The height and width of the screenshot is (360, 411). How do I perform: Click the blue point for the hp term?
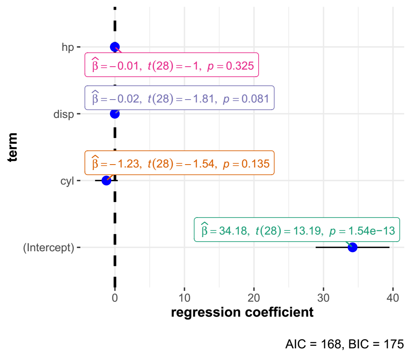pos(115,47)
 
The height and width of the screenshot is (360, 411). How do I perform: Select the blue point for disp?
pos(115,113)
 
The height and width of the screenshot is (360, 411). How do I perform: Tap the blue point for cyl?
pos(106,180)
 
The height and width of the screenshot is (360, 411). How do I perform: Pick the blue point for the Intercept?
pos(353,247)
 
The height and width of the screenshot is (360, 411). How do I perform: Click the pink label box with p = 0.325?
pos(172,65)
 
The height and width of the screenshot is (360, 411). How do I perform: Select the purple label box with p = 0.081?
pos(179,98)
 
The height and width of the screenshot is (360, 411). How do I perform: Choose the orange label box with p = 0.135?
pos(179,162)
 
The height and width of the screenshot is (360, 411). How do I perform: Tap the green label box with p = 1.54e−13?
pos(297,230)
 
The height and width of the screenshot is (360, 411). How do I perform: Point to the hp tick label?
pos(67,47)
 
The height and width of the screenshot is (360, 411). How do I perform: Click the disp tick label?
pos(63,114)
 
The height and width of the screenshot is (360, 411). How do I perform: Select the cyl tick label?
pos(67,180)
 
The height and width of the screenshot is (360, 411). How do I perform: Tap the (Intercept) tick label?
pos(48,247)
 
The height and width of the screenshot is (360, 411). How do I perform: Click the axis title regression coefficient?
pos(242,312)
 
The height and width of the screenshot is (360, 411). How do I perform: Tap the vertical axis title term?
pos(14,147)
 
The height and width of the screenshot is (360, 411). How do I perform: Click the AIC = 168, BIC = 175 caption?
pos(344,344)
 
